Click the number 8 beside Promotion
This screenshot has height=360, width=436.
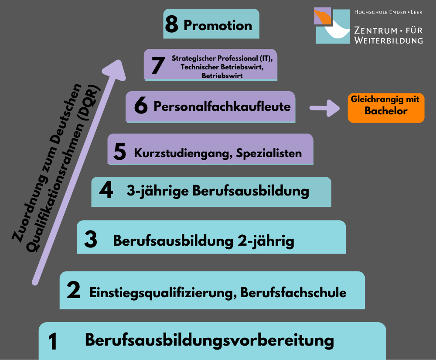coord(171,24)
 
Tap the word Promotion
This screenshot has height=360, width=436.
coord(218,26)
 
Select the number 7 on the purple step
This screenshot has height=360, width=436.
coord(158,65)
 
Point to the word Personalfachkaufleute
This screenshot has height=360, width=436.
coord(222,106)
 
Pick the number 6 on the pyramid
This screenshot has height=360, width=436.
coord(141,105)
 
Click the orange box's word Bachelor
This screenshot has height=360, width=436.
coord(386,111)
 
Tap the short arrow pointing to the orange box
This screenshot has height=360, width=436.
coord(324,108)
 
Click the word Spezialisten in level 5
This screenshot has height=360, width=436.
coord(269,153)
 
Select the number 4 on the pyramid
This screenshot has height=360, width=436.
coord(106,189)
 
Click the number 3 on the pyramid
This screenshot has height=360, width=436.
coord(91,239)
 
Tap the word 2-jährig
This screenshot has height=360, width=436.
coord(266,241)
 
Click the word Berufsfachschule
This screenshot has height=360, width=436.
coord(293,292)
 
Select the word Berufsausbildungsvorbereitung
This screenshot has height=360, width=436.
coord(209,340)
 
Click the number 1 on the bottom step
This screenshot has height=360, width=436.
coord(53,341)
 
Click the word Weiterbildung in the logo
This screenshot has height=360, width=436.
coord(388,40)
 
